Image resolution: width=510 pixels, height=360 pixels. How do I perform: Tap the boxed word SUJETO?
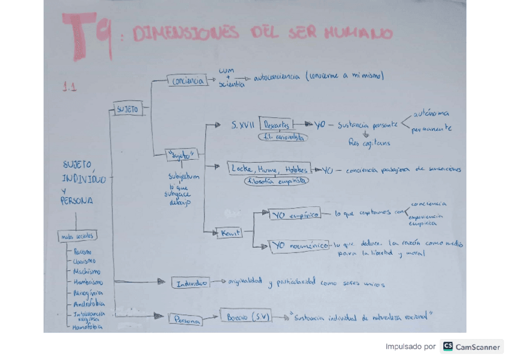click(127, 109)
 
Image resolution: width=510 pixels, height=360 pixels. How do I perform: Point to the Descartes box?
click(276, 124)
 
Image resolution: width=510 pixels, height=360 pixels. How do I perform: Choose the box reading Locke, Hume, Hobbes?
click(269, 169)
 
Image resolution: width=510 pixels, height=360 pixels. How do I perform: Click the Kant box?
click(229, 233)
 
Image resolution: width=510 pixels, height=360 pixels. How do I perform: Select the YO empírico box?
click(295, 215)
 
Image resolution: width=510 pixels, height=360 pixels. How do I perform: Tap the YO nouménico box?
click(299, 246)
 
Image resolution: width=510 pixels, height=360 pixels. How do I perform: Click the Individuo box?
click(191, 283)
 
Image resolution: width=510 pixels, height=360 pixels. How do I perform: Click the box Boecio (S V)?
click(245, 316)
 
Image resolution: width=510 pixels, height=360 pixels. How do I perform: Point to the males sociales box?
click(77, 236)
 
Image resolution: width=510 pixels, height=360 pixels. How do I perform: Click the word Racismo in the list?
click(83, 252)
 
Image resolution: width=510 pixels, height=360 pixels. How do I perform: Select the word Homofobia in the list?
click(87, 328)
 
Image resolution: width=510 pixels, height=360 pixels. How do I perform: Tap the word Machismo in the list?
click(87, 272)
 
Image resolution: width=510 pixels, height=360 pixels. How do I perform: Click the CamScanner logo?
click(472, 347)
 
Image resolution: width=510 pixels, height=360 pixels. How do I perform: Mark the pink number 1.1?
click(69, 87)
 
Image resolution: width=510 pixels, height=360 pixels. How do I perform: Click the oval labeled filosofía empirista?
click(276, 180)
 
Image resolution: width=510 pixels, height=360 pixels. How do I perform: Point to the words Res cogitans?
click(369, 143)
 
